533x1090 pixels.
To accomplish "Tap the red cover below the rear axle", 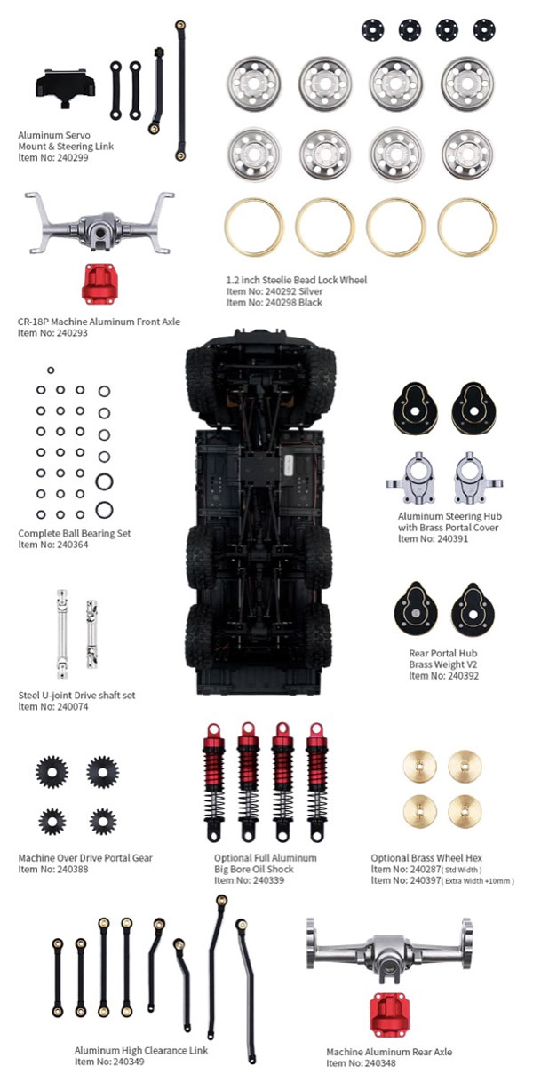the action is [x=389, y=1014].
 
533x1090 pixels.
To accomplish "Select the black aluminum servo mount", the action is [x=65, y=87].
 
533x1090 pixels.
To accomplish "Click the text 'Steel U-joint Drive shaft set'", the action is [x=77, y=696].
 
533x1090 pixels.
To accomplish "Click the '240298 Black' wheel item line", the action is [x=274, y=303].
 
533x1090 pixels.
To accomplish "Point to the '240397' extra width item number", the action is [x=424, y=880].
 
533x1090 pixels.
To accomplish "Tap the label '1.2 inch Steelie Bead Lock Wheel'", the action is [x=297, y=280].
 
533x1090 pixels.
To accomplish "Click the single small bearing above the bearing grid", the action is [x=51, y=370].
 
